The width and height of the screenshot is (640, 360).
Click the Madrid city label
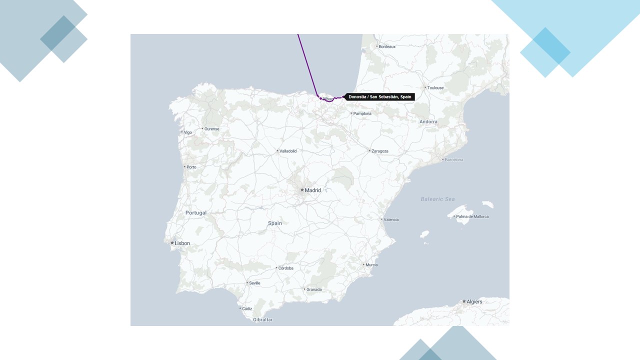tap(312, 190)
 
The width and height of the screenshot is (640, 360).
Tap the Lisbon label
tap(182, 243)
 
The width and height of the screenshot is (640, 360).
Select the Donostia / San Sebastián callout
tap(379, 97)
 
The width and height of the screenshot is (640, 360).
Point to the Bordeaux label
tap(387, 46)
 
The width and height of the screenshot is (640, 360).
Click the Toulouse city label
tap(435, 88)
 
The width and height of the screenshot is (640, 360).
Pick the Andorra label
tap(428, 122)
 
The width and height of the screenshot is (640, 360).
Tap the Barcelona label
tap(453, 160)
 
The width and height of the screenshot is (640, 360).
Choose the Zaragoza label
tap(379, 151)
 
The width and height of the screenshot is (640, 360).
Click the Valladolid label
tap(288, 151)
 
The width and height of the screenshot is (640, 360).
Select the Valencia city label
tap(391, 219)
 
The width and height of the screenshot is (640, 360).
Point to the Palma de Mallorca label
tap(472, 216)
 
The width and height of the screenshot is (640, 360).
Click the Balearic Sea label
tap(438, 199)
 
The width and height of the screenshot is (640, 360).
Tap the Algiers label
tap(474, 302)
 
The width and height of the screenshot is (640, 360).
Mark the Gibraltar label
tap(262, 319)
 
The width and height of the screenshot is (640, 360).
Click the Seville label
tap(254, 283)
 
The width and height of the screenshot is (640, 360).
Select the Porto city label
tap(191, 167)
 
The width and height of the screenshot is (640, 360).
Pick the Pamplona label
tap(362, 113)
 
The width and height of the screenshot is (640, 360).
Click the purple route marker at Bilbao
tap(320, 98)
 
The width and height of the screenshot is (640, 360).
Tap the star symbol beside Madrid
tap(302, 190)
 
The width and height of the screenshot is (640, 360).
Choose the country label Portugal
tap(196, 213)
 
